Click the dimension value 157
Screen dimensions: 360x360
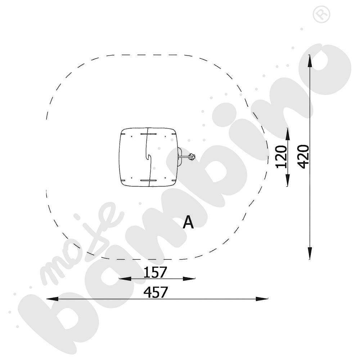pos(154,272)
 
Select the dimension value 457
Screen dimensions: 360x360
pos(156,292)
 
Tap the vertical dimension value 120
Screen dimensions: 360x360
pos(282,157)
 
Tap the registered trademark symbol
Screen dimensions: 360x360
pos(321,14)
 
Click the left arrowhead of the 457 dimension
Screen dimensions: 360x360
pos(52,299)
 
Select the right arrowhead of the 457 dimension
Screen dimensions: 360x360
pos(262,299)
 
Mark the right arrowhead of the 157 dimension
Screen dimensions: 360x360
pos(189,279)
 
